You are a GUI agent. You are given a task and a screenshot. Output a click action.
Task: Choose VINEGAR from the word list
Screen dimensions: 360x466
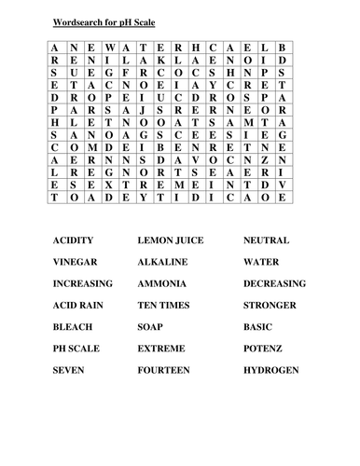[x=76, y=262]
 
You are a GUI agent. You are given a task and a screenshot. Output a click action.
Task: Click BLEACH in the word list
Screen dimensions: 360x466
[x=73, y=327]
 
